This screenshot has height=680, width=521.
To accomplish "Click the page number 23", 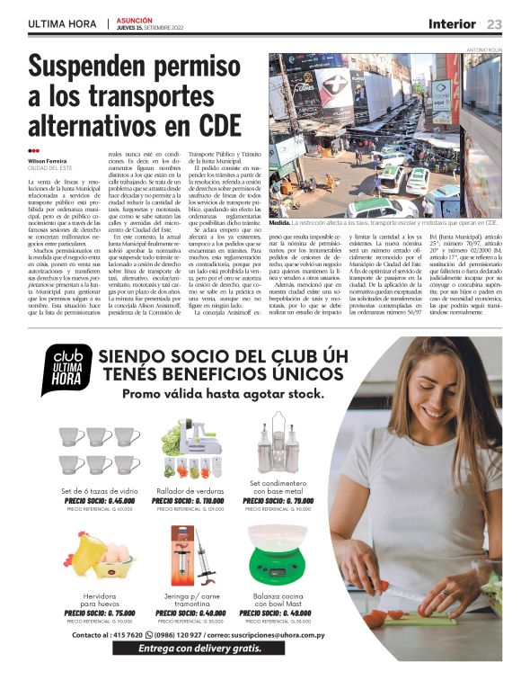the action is [495, 23].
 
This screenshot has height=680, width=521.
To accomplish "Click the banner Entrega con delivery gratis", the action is [199, 648].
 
